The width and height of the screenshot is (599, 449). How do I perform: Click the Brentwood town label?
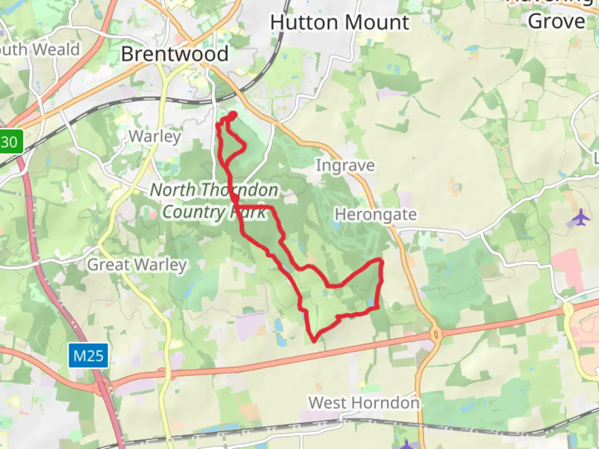pos(175,54)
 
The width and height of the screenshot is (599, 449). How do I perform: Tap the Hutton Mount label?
pos(339,22)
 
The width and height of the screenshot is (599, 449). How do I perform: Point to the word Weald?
pos(56,49)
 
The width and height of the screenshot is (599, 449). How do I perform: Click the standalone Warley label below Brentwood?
pos(155,136)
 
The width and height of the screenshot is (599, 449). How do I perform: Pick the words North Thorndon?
pos(214,190)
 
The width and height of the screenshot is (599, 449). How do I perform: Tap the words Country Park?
pos(214,212)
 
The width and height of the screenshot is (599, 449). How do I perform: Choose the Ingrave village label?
pos(345,165)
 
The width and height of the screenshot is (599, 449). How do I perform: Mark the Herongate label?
pos(376,215)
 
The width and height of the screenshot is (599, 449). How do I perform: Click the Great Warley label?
pos(137,264)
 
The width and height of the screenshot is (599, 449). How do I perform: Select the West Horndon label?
pos(364,402)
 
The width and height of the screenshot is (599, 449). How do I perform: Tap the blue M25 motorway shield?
pos(88,356)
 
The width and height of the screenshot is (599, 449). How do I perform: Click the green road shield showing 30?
pos(10,142)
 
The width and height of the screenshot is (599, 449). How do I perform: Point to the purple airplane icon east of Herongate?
pos(580,217)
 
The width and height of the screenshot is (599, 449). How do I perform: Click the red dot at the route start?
pos(233,115)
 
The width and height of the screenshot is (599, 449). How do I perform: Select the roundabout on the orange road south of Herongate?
pos(436,334)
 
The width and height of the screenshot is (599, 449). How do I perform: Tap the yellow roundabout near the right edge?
pos(568,309)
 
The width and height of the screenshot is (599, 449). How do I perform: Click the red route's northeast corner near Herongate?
pos(380,261)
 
